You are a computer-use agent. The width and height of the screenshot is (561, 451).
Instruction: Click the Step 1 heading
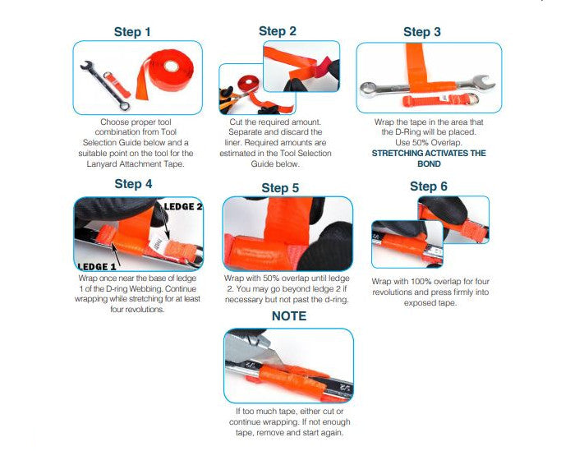pyautogui.click(x=132, y=32)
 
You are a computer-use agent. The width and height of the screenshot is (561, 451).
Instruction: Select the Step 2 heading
pyautogui.click(x=278, y=31)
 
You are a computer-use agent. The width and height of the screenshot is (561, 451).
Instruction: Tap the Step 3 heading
pyautogui.click(x=422, y=32)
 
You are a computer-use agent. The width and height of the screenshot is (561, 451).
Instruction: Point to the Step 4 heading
pyautogui.click(x=133, y=184)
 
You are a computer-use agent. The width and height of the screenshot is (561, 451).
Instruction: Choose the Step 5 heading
pyautogui.click(x=280, y=188)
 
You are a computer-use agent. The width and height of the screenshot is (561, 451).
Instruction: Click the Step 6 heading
pyautogui.click(x=429, y=186)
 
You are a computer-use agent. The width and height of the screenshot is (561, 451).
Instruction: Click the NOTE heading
pyautogui.click(x=288, y=316)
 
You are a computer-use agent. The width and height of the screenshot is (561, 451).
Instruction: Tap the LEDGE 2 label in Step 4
pyautogui.click(x=184, y=206)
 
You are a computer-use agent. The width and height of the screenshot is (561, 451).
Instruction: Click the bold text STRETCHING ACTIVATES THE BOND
pyautogui.click(x=428, y=159)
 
